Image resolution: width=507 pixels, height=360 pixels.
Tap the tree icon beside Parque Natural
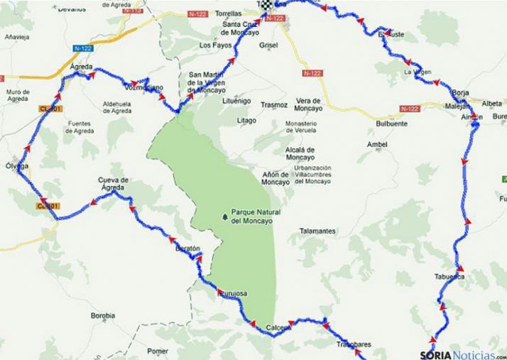tap(225, 213)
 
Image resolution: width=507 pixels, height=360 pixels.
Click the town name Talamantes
tap(317, 231)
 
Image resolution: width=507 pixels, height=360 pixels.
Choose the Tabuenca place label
tap(449, 276)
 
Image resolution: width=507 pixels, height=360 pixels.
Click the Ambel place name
tap(377, 144)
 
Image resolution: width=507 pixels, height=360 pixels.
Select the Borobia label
tap(103, 315)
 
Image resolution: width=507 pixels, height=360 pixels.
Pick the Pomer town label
tap(158, 351)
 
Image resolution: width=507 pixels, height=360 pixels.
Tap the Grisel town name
tap(268, 44)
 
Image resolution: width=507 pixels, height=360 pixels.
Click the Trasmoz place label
tap(273, 105)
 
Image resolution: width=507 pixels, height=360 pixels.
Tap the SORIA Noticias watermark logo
tap(461, 353)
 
